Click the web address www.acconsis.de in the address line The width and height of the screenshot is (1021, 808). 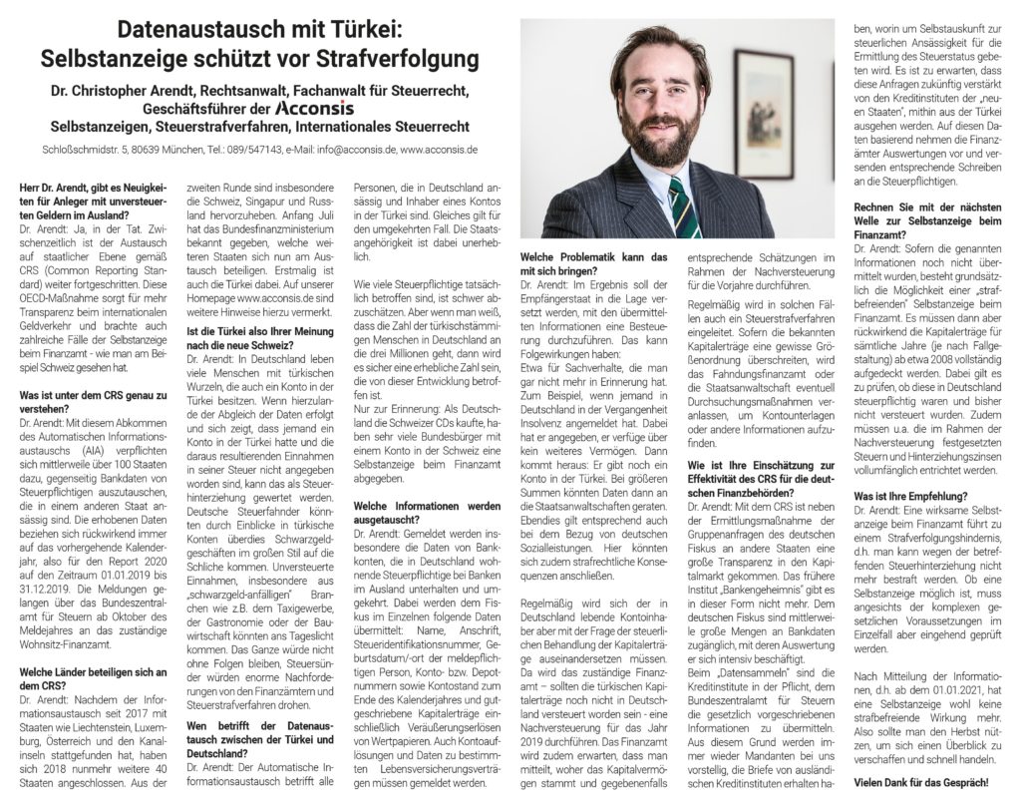(441, 150)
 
